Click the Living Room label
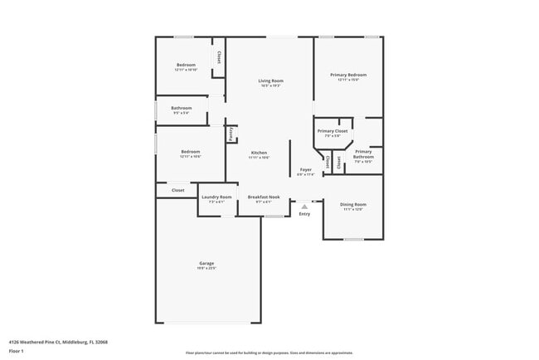[271, 80]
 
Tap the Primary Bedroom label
[348, 75]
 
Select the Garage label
[206, 263]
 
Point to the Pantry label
[233, 134]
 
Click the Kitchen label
[260, 153]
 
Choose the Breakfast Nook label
[264, 197]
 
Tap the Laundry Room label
[216, 197]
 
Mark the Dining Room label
[354, 204]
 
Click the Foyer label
[306, 169]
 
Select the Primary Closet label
[333, 130]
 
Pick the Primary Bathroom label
[363, 153]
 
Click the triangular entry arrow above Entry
[304, 206]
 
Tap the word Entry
[304, 214]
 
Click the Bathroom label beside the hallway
[182, 108]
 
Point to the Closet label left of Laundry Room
[178, 190]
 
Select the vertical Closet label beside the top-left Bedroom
[218, 57]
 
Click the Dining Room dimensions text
[354, 209]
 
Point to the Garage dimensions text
[206, 268]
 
